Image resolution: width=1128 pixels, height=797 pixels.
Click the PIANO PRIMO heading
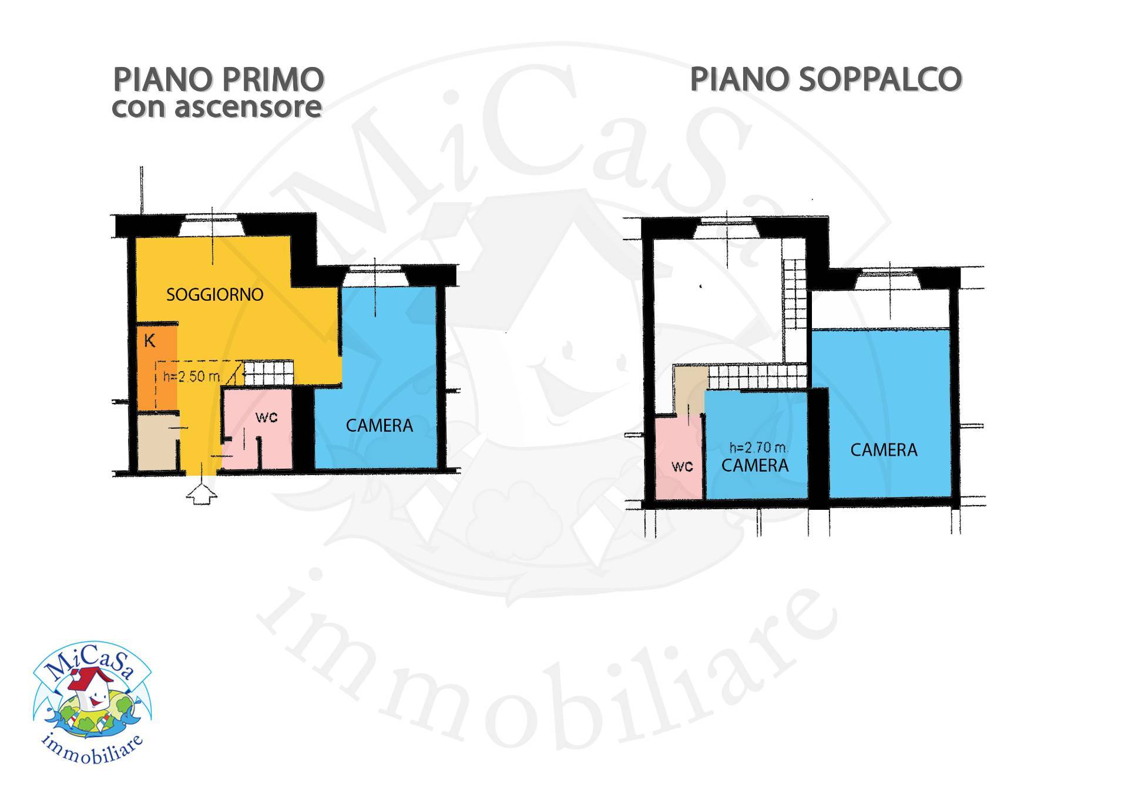[218, 80]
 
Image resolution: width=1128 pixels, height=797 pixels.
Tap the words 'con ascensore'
[217, 107]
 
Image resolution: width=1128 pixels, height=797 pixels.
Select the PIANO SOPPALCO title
[825, 80]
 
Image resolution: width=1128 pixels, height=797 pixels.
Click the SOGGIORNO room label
[214, 295]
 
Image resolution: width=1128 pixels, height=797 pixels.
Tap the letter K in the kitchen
[150, 341]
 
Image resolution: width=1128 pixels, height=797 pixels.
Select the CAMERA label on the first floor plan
[379, 425]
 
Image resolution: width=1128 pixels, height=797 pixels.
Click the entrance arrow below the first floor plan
[202, 492]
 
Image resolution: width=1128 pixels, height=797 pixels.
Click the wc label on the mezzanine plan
[682, 466]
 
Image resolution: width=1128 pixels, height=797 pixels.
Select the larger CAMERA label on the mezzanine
[884, 450]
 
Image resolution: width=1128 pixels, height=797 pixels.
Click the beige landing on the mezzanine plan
[688, 388]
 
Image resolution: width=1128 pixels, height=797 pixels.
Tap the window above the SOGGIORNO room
[211, 226]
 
